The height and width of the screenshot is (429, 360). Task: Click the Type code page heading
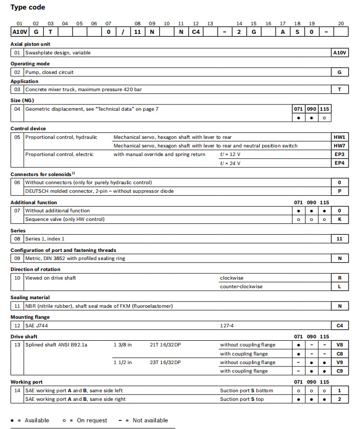[x=28, y=7]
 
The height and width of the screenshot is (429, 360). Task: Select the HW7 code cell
[x=339, y=146]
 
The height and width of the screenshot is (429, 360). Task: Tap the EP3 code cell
[x=339, y=154]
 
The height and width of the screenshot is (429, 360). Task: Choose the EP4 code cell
[x=339, y=163]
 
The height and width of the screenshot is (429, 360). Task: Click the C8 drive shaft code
[x=339, y=354]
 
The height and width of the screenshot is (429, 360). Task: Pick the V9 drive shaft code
[x=339, y=362]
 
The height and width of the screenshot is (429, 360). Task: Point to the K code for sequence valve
[x=339, y=219]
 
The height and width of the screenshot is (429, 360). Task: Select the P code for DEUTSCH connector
[x=339, y=191]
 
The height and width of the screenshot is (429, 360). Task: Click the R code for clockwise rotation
[x=339, y=278]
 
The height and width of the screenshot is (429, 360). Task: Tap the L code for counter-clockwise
[x=339, y=286]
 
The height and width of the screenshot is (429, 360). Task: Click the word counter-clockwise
[x=241, y=286]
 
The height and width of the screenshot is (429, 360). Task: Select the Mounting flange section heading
[x=30, y=317]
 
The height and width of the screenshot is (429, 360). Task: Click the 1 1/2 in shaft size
[x=123, y=362]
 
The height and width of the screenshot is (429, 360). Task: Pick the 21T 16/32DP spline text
[x=165, y=345]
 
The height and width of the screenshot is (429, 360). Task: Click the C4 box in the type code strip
[x=196, y=32]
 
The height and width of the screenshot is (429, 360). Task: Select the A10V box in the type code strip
[x=19, y=32]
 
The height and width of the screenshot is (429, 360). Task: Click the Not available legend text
[x=150, y=420]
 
